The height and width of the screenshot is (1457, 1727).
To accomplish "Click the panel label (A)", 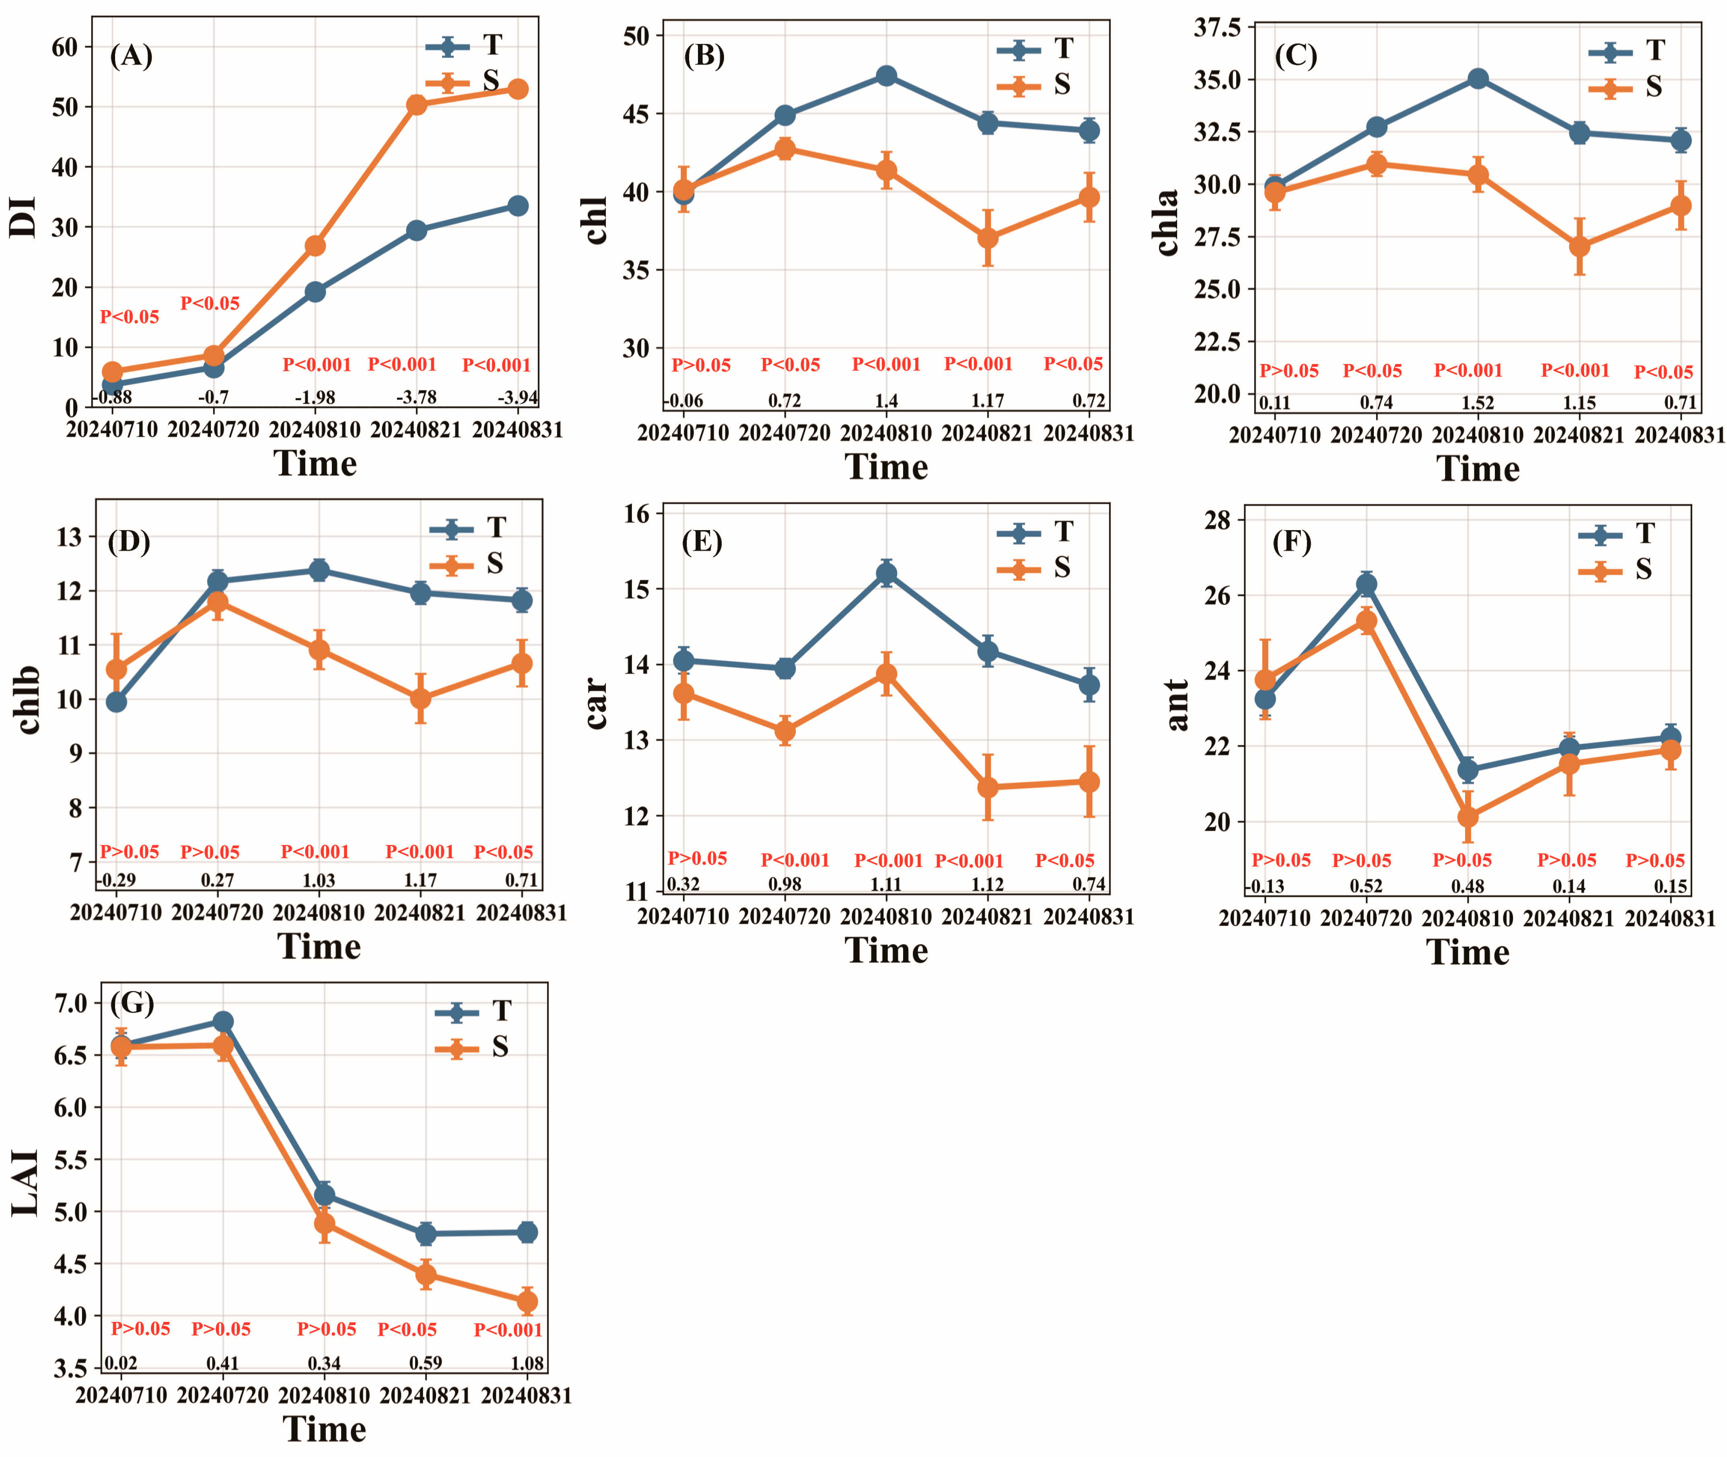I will coord(131,56).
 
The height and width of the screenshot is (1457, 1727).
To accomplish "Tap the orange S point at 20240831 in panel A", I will coord(518,89).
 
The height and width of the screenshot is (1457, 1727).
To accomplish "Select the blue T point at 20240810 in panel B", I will coord(886,76).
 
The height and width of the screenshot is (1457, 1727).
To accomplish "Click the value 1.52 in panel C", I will coord(1478,403).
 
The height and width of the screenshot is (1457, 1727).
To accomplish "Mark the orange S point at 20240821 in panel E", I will coord(988,787).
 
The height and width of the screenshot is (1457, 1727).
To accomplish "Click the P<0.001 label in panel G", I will coord(508,1330).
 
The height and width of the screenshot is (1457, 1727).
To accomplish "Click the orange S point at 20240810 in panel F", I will coord(1468,817).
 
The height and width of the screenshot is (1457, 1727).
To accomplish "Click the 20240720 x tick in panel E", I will coord(784,917).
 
